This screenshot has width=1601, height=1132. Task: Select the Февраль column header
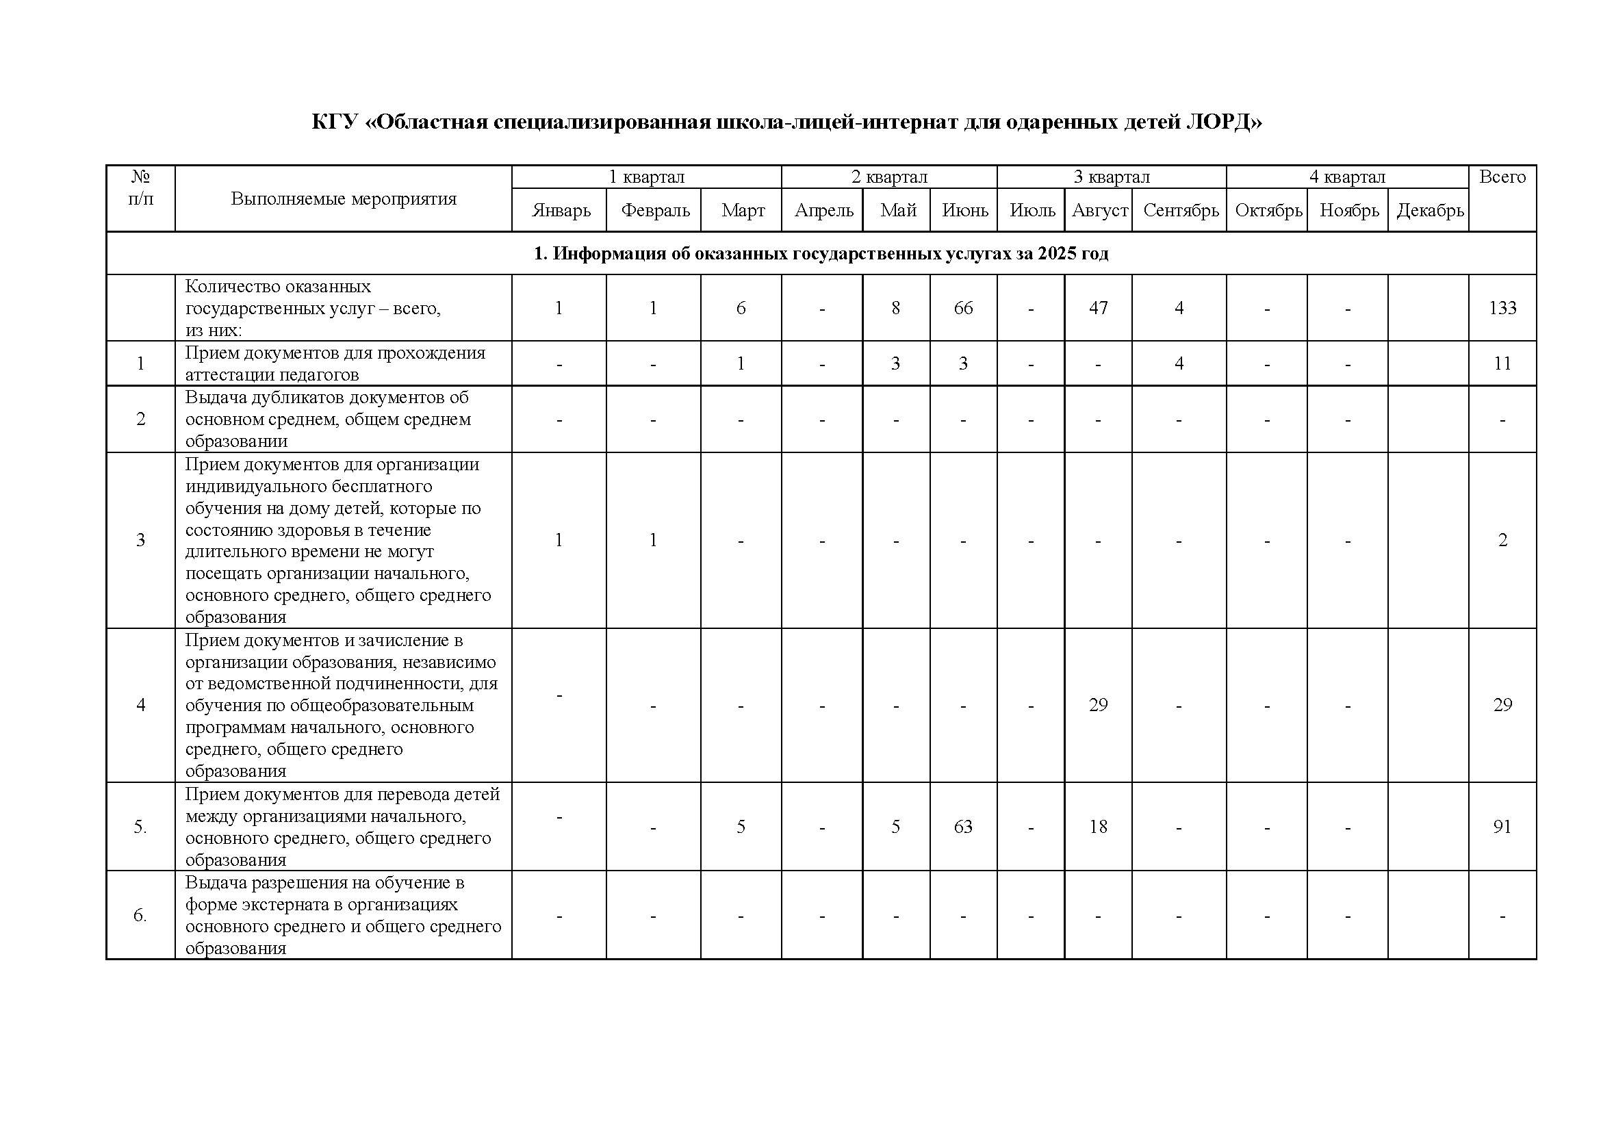(655, 211)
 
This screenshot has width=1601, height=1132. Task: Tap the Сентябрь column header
(1181, 211)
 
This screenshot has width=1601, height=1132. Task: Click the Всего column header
(1502, 177)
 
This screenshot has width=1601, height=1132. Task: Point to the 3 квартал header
(1111, 177)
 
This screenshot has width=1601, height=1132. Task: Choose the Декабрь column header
(1429, 211)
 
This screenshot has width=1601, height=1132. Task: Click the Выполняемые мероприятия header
(343, 198)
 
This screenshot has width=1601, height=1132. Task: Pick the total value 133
(1502, 308)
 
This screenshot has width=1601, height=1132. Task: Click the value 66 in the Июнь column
(963, 308)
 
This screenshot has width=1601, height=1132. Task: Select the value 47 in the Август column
(1098, 308)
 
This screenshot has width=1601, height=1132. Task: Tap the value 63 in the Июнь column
(963, 827)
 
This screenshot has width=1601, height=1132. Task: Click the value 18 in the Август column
(1098, 827)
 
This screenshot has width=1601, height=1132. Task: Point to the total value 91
(1502, 827)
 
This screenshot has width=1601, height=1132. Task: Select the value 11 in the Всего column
(1502, 363)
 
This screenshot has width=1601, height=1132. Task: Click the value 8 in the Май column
(895, 308)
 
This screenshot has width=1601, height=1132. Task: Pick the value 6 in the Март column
(741, 308)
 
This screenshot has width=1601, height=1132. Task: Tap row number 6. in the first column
(140, 915)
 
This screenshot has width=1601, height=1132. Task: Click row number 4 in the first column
(140, 705)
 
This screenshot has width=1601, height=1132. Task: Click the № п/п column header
(140, 188)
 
